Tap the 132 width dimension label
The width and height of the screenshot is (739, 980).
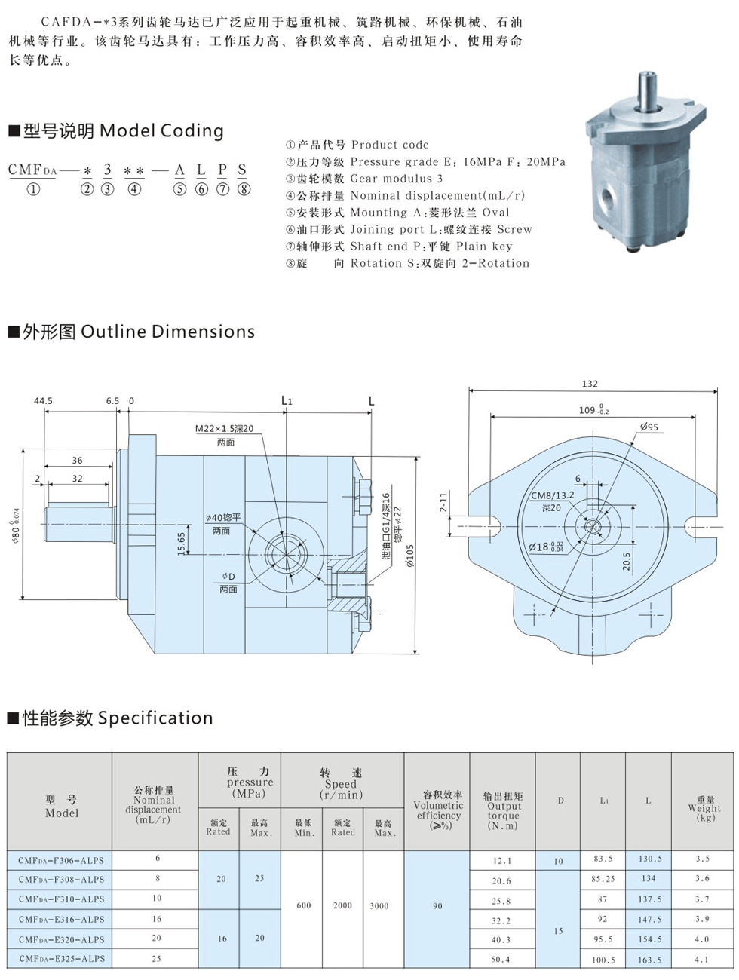[x=590, y=384]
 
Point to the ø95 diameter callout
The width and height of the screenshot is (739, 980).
[x=649, y=427]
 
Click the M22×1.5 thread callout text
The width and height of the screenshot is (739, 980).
[x=225, y=429]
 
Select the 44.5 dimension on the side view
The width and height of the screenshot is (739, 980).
[x=43, y=401]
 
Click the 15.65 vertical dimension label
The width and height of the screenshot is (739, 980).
[x=182, y=544]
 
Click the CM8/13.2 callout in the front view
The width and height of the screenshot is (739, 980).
[x=553, y=495]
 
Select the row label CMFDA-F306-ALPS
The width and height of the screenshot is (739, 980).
[x=61, y=860]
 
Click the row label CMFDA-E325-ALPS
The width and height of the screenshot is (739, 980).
[x=61, y=959]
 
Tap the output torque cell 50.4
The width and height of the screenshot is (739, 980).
[x=501, y=960]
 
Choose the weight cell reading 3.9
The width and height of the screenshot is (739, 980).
[x=702, y=919]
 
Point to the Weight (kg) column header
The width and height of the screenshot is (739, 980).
[x=704, y=808]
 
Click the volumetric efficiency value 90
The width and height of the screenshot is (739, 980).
[x=437, y=906]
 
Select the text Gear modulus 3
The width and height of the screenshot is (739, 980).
[x=397, y=179]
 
